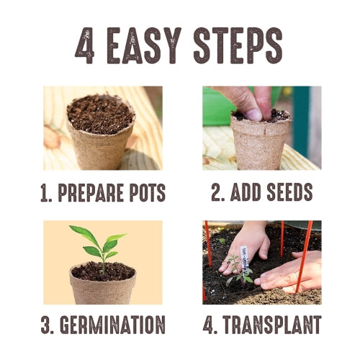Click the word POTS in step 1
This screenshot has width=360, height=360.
pyautogui.click(x=148, y=193)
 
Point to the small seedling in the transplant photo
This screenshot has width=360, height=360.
pyautogui.click(x=238, y=270)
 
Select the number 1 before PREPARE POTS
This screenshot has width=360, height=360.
pyautogui.click(x=45, y=193)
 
